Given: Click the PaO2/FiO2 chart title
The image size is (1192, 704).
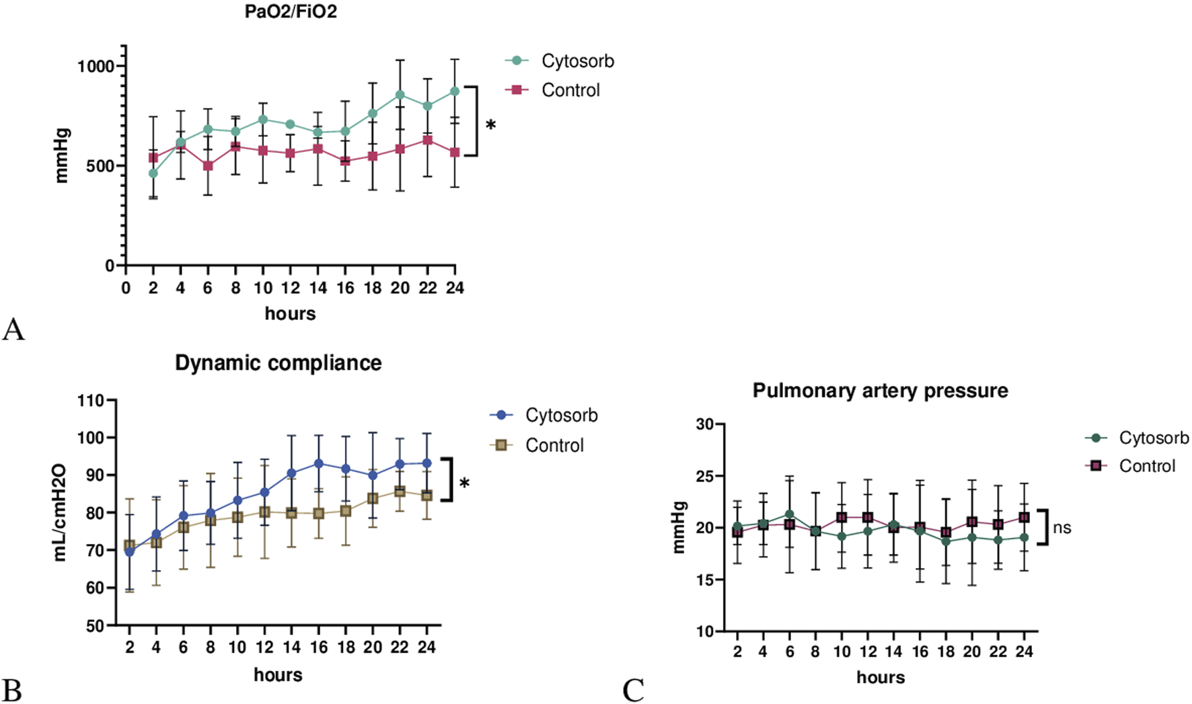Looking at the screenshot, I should (291, 11).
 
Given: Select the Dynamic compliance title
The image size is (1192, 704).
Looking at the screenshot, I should (278, 363).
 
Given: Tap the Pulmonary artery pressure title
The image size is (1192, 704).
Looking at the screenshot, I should (880, 391).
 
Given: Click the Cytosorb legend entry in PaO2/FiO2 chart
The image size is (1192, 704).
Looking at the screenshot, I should (577, 61).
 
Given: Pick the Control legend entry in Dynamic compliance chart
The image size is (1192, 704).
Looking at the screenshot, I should (554, 445).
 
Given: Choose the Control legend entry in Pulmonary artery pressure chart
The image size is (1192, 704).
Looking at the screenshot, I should (1147, 466).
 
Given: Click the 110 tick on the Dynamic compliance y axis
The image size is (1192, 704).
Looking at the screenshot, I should (91, 401).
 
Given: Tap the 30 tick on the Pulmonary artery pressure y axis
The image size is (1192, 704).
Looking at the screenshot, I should (704, 424).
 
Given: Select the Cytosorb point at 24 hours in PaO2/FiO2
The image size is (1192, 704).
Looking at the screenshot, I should (455, 91).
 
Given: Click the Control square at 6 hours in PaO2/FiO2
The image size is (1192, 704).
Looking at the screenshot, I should (208, 165).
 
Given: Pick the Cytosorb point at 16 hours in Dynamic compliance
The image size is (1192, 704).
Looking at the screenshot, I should (319, 463).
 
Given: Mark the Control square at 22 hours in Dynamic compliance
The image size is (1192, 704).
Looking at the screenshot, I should (400, 492).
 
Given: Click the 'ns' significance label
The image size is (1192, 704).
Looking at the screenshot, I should (1061, 528).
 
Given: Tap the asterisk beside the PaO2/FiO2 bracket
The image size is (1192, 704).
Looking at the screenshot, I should (491, 125).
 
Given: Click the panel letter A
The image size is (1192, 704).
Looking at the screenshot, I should (13, 329).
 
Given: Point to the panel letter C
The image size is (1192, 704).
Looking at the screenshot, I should (633, 690).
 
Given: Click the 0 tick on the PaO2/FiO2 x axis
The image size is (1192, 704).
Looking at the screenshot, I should (126, 288).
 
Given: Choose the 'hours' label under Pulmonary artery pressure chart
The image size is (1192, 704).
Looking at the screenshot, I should (880, 677).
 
